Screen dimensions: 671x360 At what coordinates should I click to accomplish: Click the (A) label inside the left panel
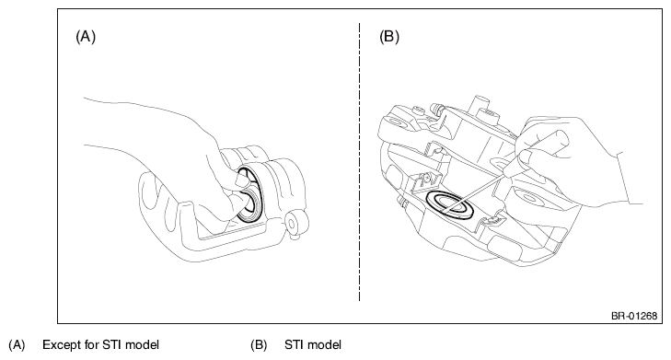pos(86,37)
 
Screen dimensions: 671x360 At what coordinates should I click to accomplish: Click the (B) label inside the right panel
pos(389,37)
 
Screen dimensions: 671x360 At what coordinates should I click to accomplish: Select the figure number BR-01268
pos(634,316)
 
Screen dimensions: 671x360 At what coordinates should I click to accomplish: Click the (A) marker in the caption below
pos(17,345)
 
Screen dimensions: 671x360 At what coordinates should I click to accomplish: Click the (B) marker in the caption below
pos(259,345)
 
